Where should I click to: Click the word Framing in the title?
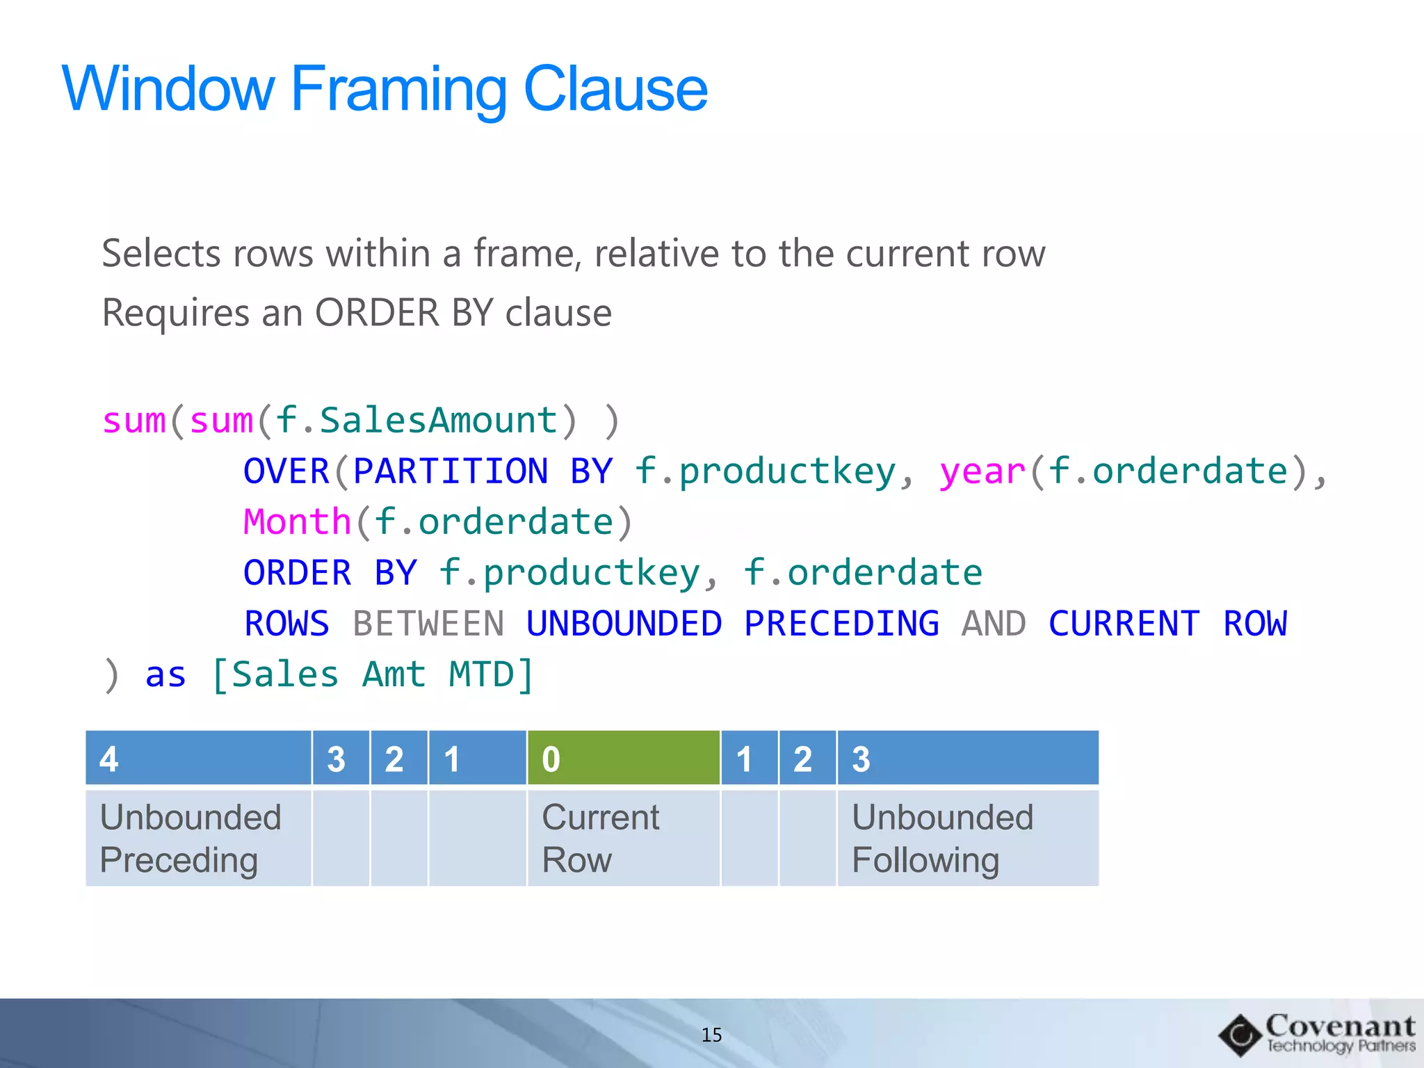coord(398,89)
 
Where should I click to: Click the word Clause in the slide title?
coord(615,89)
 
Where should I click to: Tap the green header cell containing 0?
coord(623,759)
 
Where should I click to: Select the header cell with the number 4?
coord(198,759)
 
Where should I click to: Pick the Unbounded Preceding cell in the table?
coord(198,839)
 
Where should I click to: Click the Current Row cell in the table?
coord(623,839)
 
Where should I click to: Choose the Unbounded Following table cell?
coord(967,839)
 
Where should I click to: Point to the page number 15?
coord(711,1035)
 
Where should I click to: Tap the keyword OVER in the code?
coord(286,471)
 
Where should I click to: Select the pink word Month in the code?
coord(297,522)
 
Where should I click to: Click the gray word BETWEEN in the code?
coord(428,624)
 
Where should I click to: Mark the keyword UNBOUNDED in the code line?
coord(624,624)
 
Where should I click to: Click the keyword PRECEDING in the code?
coord(841,624)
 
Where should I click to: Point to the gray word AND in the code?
coord(994,624)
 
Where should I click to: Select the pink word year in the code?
coord(982,471)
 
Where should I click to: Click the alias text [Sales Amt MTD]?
coord(373,674)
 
